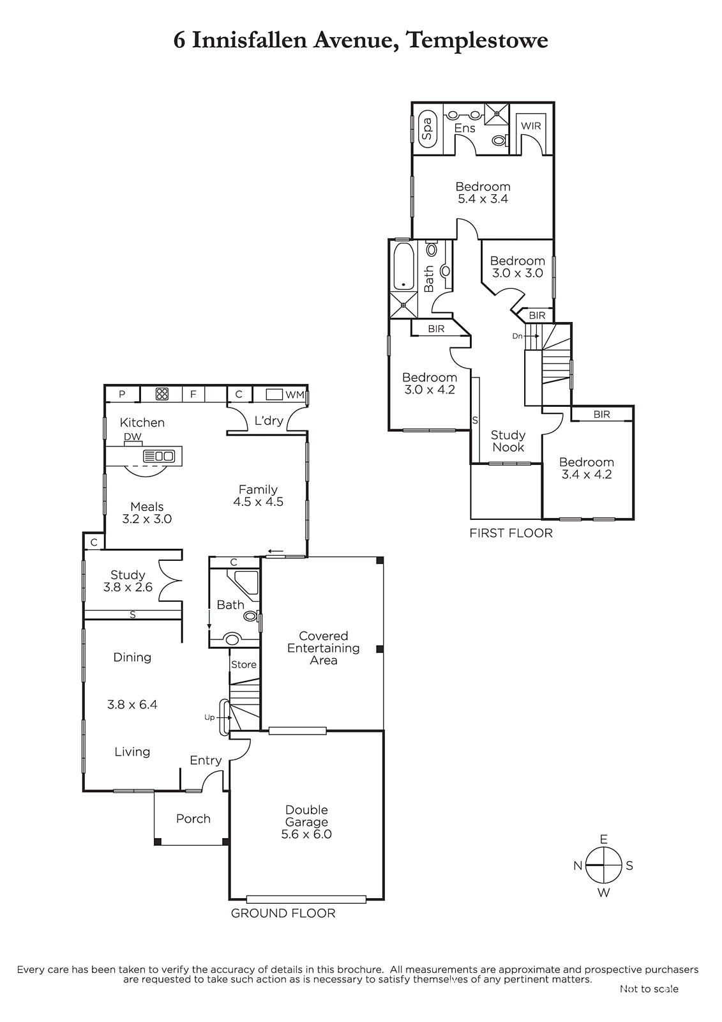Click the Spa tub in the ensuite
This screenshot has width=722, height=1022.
(427, 128)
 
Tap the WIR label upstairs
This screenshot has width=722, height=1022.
(530, 126)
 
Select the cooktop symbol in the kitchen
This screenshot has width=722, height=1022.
(162, 393)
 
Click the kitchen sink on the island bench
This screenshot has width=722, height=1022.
(159, 456)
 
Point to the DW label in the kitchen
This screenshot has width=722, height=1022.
(133, 437)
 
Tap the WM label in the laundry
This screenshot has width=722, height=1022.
(295, 395)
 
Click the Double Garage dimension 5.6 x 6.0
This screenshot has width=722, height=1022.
(306, 834)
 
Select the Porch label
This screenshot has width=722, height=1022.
(193, 818)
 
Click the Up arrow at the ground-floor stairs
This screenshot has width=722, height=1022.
(225, 717)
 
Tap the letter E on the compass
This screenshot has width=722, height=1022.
(603, 839)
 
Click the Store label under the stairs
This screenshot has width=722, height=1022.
(244, 665)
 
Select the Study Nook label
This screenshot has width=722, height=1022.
(508, 441)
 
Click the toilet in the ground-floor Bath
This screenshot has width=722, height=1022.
(251, 616)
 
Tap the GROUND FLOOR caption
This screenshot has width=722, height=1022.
(283, 913)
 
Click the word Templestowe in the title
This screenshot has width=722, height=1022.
(477, 40)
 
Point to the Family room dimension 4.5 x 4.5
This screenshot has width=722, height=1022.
(258, 502)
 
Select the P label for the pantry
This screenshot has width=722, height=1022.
(122, 394)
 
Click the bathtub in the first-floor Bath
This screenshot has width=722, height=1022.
(403, 266)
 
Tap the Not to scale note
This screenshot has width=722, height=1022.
(649, 989)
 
